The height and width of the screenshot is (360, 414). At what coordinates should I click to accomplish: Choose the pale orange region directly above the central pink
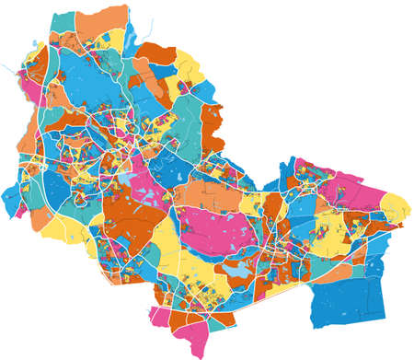(207, 193)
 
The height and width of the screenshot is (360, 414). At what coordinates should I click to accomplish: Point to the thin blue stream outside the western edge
(11, 70)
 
